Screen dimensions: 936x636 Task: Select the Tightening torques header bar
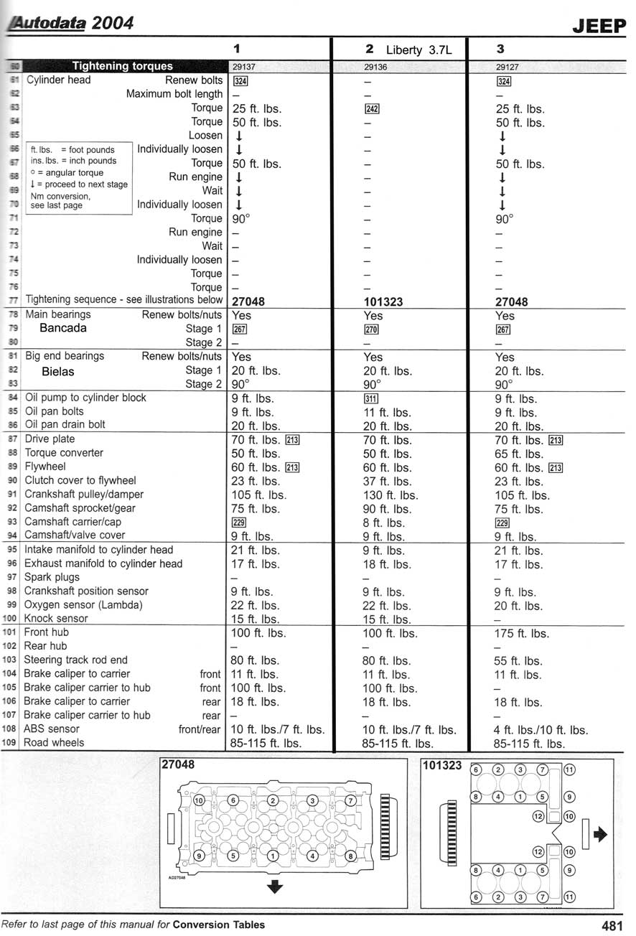[x=123, y=66]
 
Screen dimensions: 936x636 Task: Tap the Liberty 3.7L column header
[x=416, y=50]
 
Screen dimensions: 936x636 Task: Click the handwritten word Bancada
[x=63, y=328]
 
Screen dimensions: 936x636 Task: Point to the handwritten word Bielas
[x=58, y=371]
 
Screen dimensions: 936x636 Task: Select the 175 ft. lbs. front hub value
[x=521, y=634]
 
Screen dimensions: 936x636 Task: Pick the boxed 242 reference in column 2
[x=371, y=109]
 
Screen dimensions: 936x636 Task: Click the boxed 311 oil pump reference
[x=371, y=399]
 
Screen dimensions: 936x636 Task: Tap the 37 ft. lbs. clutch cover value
[x=387, y=482]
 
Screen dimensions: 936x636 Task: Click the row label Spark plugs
[x=52, y=577]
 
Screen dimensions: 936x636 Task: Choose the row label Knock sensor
[x=57, y=618]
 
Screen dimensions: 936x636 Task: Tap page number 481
[x=612, y=925]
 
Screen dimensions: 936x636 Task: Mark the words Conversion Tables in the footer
[x=219, y=925]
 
